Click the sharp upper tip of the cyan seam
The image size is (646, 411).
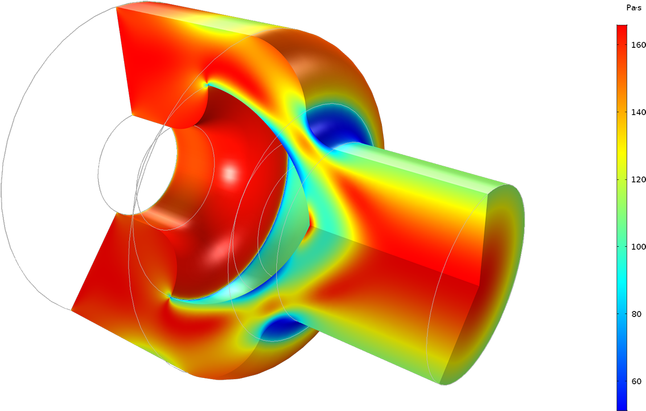point(207,85)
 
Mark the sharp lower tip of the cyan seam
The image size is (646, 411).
point(168,295)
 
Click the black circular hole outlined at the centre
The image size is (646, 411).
point(137,165)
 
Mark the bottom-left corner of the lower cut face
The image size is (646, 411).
point(72,310)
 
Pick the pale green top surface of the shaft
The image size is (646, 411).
point(421,165)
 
